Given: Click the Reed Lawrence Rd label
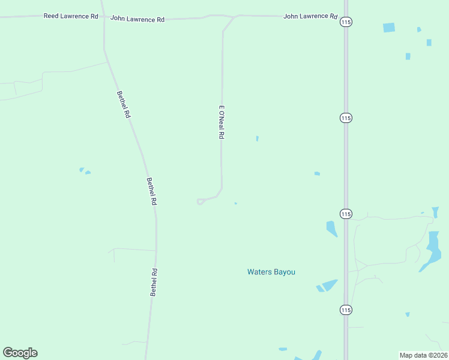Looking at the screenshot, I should tap(71, 16).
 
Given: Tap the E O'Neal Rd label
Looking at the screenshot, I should tap(221, 122).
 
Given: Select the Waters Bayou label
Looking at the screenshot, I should tap(271, 272).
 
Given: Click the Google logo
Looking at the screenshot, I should tap(20, 353).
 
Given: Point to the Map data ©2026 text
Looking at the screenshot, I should tap(423, 355).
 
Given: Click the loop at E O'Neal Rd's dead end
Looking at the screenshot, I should tap(200, 202).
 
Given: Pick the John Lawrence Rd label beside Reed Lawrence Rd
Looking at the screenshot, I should tap(137, 19).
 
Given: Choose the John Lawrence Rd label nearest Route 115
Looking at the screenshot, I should tap(310, 16).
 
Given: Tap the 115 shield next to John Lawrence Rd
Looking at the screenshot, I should tap(345, 22).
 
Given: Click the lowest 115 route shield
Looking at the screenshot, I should tap(345, 310).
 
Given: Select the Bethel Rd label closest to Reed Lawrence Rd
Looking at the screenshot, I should tap(124, 103).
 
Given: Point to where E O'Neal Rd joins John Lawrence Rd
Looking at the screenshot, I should tap(233, 16).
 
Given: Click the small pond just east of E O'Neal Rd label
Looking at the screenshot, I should tap(258, 138).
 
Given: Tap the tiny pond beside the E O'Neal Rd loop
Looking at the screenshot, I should tap(235, 203).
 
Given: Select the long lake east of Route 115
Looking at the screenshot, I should tap(432, 248).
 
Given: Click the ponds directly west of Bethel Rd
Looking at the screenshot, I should tap(84, 171).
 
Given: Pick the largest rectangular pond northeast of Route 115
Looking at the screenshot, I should tap(389, 28).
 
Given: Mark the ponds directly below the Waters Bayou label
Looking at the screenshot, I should tap(327, 286).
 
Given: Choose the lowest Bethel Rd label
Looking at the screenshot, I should tap(154, 281).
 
